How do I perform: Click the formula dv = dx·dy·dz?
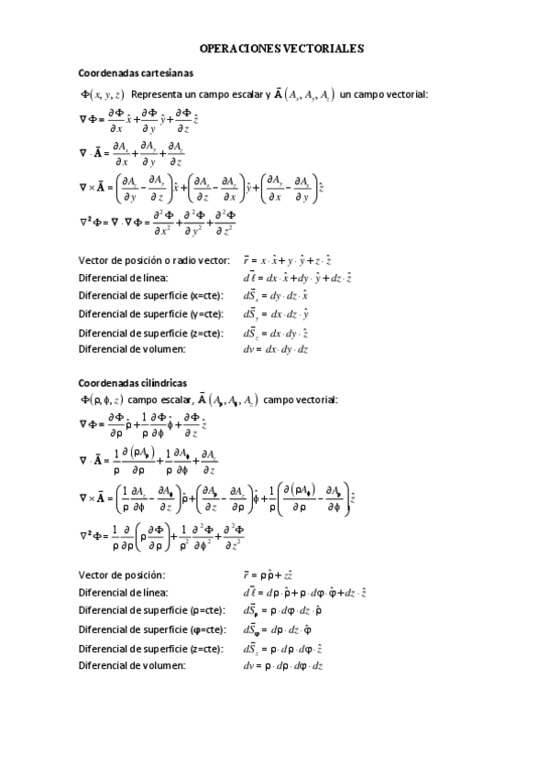pyautogui.click(x=275, y=348)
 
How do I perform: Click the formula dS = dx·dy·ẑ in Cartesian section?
pyautogui.click(x=275, y=333)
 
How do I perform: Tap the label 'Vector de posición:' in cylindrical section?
pyautogui.click(x=122, y=575)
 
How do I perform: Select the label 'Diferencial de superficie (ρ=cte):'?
pyautogui.click(x=152, y=609)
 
